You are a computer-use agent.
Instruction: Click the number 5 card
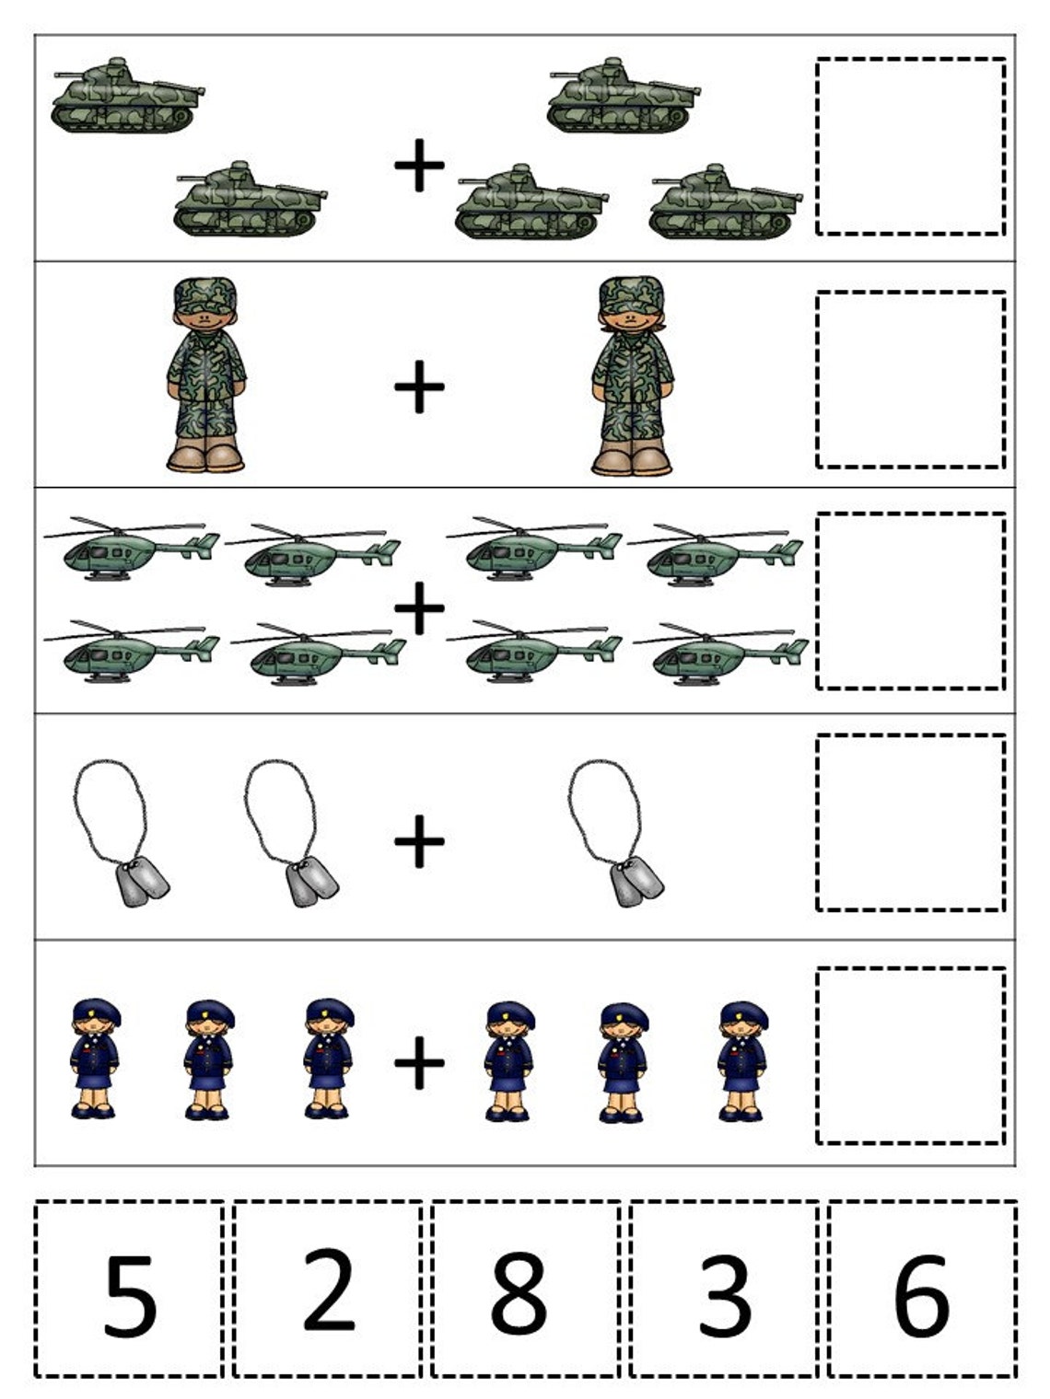pos(129,1289)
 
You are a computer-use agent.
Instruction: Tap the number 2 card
pos(328,1289)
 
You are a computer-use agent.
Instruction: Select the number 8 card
pos(525,1289)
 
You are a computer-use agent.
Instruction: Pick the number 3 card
pos(724,1289)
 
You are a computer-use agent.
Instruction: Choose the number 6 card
pos(922,1289)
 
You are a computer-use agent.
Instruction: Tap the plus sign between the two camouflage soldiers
pos(419,387)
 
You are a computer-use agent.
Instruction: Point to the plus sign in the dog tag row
pos(419,840)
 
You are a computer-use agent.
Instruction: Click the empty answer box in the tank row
pos(910,146)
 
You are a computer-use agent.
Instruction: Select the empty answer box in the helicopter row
pos(910,600)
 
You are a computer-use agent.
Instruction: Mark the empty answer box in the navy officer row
pos(910,1056)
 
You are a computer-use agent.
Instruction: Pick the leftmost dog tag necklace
pos(120,833)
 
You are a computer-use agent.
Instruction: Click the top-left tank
pos(126,97)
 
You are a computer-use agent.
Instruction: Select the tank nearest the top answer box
pos(725,202)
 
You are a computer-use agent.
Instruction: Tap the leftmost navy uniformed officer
pos(94,1058)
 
